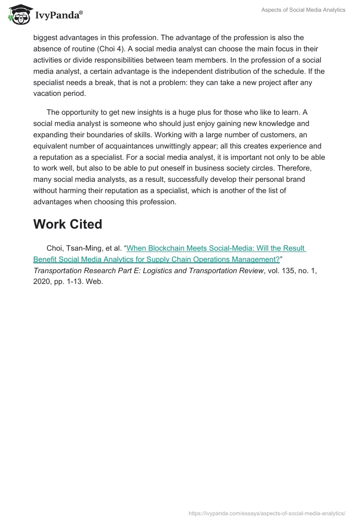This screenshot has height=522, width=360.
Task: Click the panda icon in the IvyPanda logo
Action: [18, 15]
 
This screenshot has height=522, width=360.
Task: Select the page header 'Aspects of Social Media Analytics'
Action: [303, 10]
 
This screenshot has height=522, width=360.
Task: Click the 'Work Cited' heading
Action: [67, 224]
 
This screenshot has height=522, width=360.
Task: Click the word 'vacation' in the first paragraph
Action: [48, 93]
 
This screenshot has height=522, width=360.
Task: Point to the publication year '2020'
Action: [42, 282]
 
